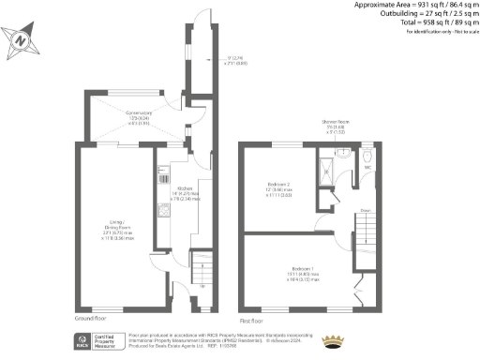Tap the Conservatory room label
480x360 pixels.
point(140,115)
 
